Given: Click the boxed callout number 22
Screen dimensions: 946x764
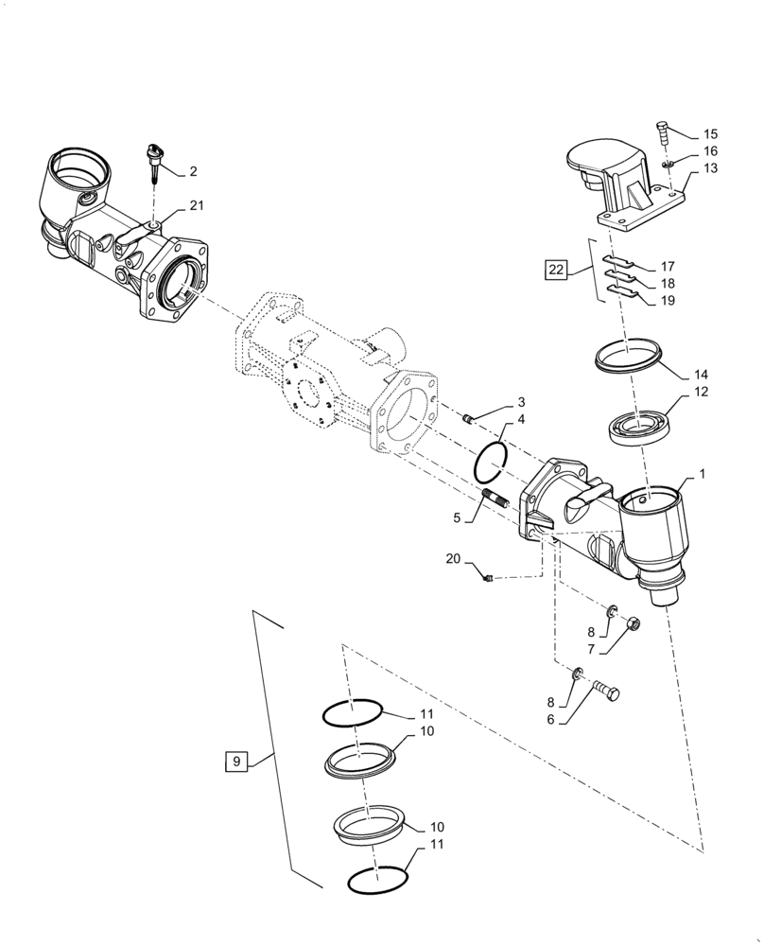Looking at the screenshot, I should [557, 271].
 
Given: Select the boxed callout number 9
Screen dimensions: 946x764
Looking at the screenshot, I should [236, 760].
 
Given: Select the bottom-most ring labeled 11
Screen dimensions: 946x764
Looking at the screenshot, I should [378, 879].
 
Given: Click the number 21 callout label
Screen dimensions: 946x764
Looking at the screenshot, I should [195, 206].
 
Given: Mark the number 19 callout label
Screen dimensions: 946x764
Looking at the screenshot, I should [668, 301].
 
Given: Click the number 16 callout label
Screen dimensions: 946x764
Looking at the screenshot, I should [710, 151].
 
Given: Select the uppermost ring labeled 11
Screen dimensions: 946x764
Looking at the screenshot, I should [354, 713].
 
